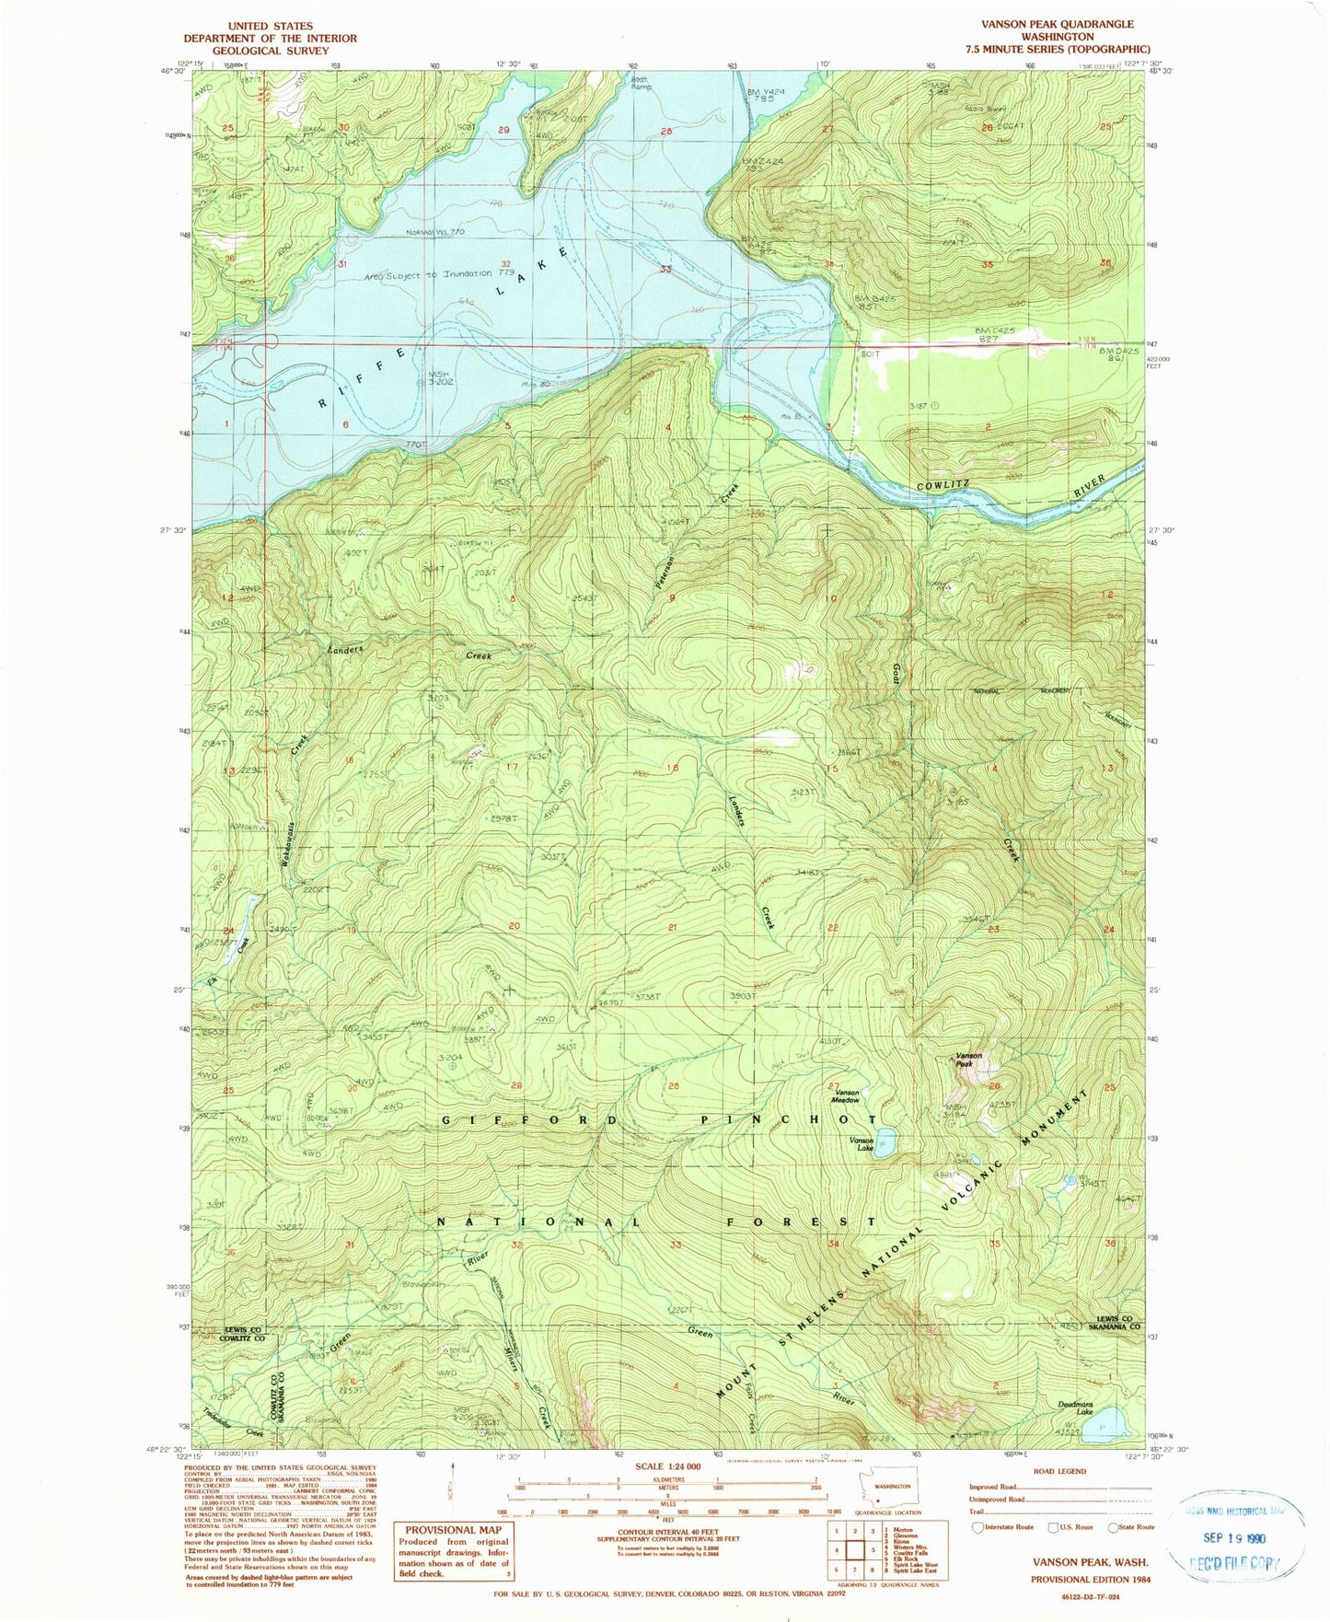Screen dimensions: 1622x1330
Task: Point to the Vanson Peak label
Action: pyautogui.click(x=968, y=1060)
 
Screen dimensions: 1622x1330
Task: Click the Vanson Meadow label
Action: pyautogui.click(x=847, y=1096)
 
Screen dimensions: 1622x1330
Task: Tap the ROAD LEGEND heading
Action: pyautogui.click(x=1059, y=1471)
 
